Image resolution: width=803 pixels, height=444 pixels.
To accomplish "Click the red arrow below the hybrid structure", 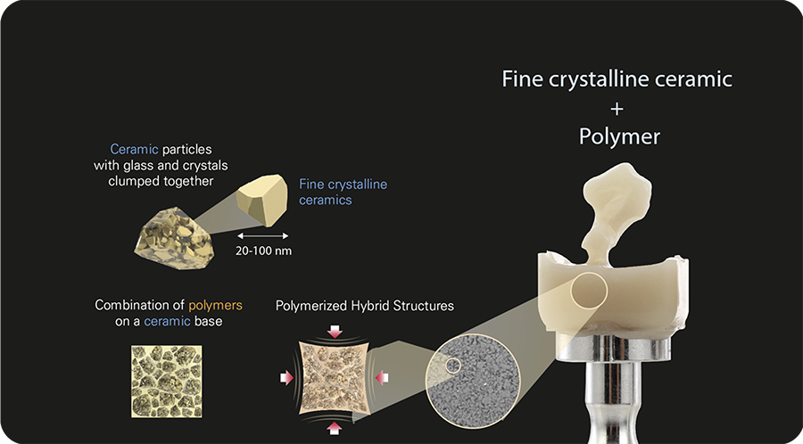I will (334, 428).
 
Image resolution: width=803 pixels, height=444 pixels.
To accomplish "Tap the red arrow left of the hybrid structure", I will (286, 379).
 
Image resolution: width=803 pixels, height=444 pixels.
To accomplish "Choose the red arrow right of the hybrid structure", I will (381, 379).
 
